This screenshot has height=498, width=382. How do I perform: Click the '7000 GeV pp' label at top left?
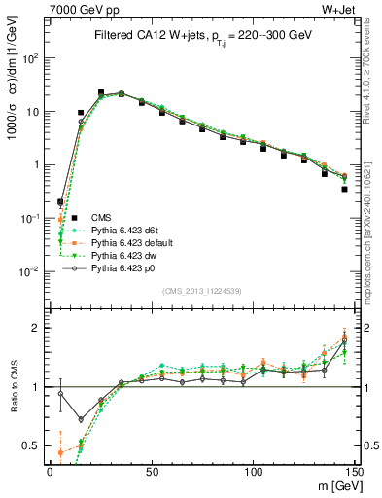(83, 9)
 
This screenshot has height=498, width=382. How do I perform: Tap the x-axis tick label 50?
(151, 470)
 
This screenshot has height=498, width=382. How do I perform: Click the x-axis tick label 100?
(253, 470)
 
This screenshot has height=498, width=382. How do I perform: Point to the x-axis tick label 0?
(50, 470)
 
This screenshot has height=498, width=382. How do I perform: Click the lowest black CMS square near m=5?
(60, 202)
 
